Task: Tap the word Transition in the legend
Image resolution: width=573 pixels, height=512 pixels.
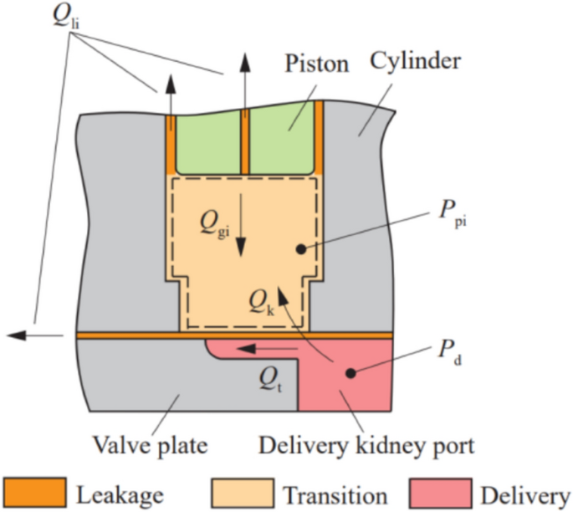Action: click(334, 494)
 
